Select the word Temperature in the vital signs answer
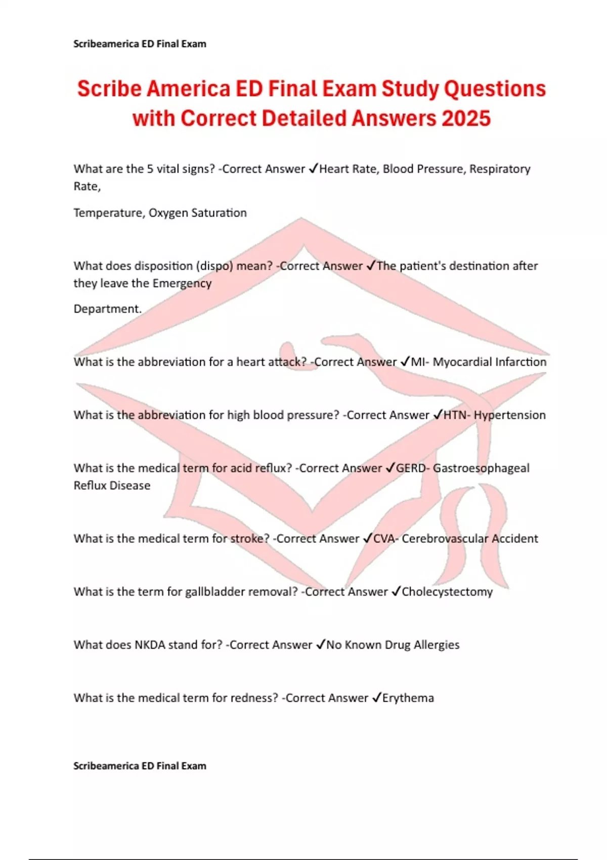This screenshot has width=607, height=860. (108, 213)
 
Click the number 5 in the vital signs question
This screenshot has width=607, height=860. (150, 169)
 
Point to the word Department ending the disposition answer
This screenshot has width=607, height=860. (107, 309)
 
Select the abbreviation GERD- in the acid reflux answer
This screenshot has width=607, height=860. (412, 468)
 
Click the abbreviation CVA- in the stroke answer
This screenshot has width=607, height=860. (386, 539)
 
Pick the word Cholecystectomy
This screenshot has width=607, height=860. (447, 592)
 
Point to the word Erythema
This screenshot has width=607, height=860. (408, 698)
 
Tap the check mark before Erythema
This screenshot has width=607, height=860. (376, 698)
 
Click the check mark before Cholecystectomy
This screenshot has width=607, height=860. (396, 591)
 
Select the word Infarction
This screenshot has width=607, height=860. (521, 362)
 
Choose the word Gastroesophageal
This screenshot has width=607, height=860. (481, 468)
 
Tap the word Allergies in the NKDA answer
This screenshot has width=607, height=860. (437, 645)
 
